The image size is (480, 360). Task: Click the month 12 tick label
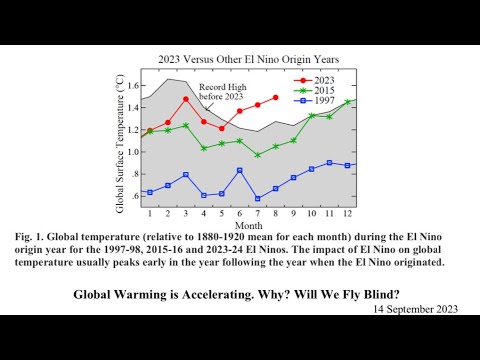(x=347, y=214)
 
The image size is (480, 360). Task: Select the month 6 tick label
(x=239, y=214)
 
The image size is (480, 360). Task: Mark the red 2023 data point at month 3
(x=186, y=99)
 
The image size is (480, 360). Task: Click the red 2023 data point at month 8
(x=275, y=97)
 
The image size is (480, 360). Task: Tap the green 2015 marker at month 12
(x=347, y=102)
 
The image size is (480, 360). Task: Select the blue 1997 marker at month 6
(x=239, y=170)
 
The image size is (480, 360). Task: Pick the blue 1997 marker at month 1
(x=150, y=192)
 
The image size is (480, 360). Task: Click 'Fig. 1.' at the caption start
(x=31, y=237)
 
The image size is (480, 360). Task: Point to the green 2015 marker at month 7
(x=257, y=155)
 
